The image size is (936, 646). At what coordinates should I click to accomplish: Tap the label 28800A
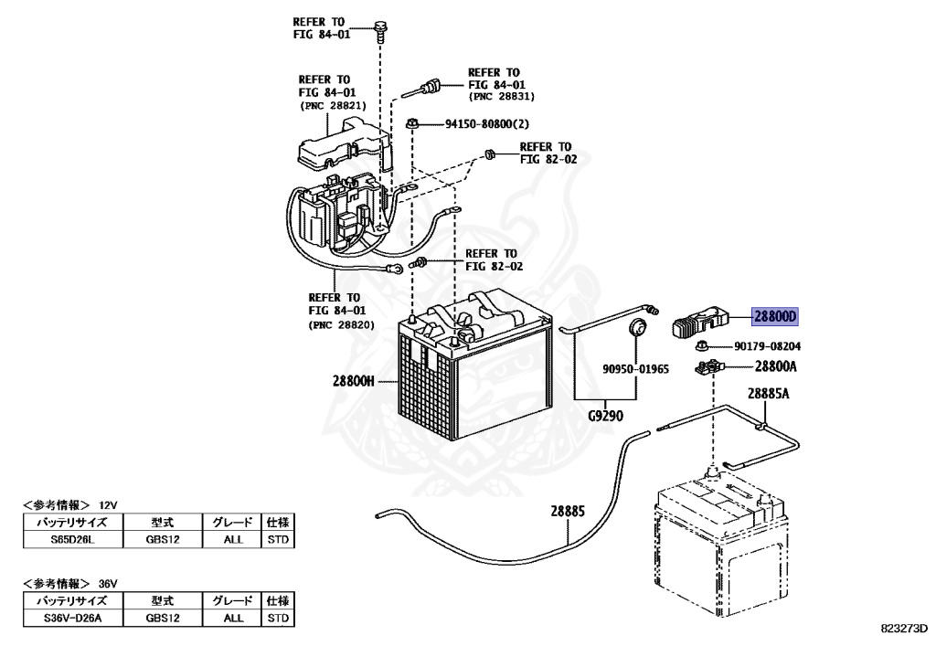[776, 366]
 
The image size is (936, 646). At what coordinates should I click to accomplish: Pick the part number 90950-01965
[635, 369]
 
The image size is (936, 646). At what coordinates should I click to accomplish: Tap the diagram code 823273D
[904, 630]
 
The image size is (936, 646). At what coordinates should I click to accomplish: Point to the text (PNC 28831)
[501, 96]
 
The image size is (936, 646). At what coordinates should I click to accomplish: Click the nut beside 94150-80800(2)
[412, 122]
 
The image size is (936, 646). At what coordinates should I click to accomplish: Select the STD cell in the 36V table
[278, 618]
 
